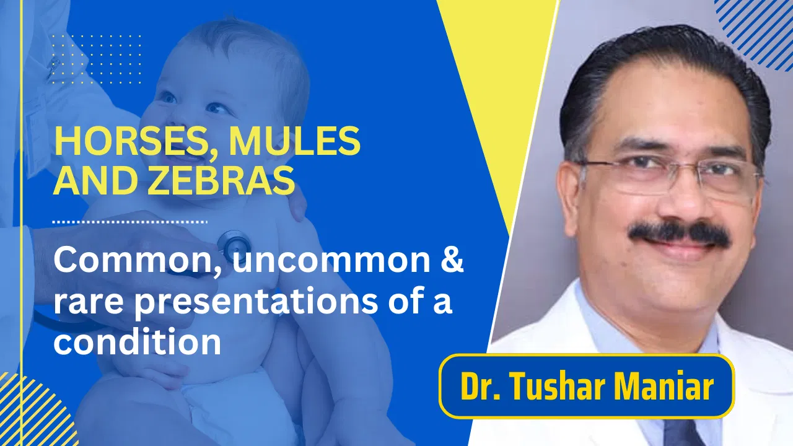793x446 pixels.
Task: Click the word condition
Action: [x=137, y=342]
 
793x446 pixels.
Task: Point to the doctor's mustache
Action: [x=679, y=233]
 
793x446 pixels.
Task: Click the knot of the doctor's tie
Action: [x=685, y=434]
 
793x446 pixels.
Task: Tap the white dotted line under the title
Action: [x=130, y=221]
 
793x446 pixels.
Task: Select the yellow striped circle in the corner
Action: [x=31, y=412]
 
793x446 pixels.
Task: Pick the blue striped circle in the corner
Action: [x=759, y=28]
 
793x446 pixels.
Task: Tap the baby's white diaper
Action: [x=242, y=406]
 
